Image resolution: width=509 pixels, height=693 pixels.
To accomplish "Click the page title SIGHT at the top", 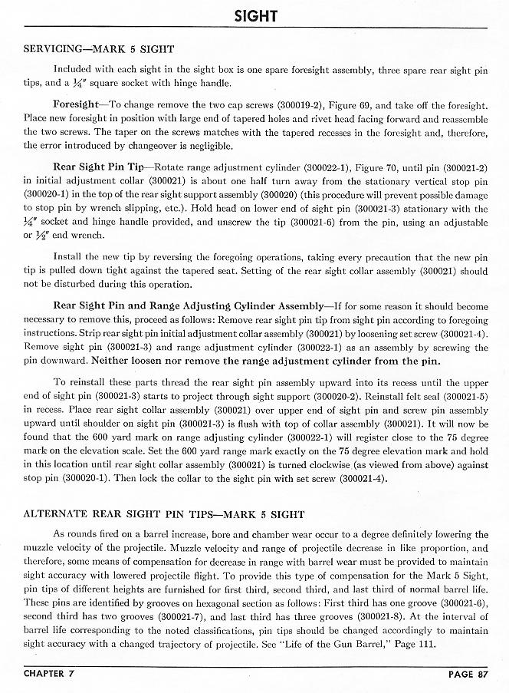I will pos(255,15).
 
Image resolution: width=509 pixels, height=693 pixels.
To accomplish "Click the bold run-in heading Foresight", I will pos(75,102).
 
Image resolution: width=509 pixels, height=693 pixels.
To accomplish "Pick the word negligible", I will pos(199,144).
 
